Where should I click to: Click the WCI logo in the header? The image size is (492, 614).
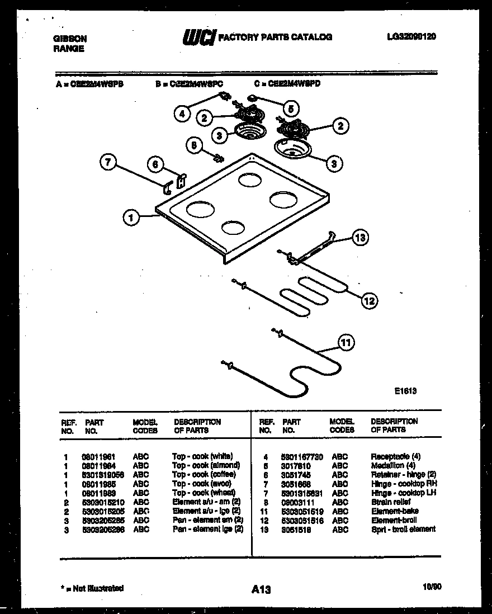tap(197, 37)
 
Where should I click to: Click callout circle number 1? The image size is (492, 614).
tap(131, 218)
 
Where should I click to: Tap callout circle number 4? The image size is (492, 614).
tap(181, 114)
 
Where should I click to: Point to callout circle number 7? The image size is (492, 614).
tap(108, 163)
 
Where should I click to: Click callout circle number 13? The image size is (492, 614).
tap(361, 238)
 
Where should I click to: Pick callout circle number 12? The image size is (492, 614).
tap(369, 301)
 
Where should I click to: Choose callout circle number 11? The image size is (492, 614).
tap(346, 342)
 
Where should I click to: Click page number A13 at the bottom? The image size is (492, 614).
tap(261, 588)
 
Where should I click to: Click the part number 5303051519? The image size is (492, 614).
tap(302, 511)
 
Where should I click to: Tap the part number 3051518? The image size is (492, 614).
tap(296, 529)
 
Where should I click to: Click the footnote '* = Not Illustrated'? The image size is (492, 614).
tap(92, 588)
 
